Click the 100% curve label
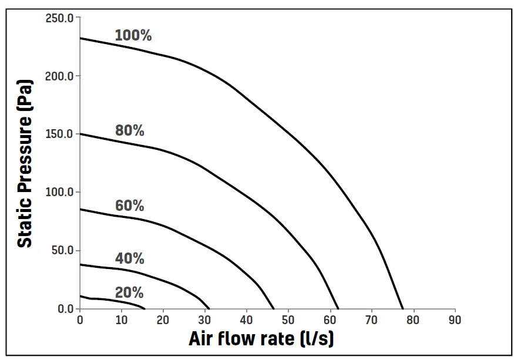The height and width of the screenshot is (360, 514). (133, 35)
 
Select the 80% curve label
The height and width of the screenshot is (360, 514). (130, 130)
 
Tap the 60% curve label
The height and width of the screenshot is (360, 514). (130, 206)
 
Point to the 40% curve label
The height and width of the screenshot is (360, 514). (130, 258)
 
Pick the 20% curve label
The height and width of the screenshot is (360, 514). (129, 292)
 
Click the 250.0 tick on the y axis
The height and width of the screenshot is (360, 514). (59, 18)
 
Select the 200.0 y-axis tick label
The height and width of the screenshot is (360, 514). (59, 76)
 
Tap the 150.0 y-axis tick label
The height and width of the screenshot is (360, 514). (59, 134)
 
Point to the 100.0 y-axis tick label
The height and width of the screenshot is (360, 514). (59, 192)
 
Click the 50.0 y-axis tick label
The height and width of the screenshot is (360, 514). (62, 250)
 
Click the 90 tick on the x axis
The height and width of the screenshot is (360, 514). (455, 320)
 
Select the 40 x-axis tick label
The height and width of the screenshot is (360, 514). (247, 320)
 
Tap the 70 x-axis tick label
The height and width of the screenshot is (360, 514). (371, 320)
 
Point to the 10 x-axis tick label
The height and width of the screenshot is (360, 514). (122, 320)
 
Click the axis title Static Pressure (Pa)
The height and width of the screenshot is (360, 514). (25, 163)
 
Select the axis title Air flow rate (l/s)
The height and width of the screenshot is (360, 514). (261, 339)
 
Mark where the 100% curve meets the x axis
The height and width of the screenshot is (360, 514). (403, 308)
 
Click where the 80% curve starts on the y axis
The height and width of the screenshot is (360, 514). (80, 134)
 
